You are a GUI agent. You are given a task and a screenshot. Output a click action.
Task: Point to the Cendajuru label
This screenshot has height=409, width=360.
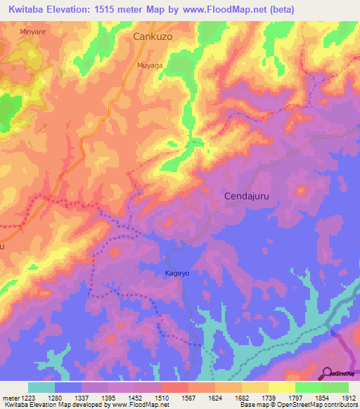[248, 196]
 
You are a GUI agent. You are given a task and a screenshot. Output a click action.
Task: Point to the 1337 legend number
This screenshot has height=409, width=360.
[81, 398]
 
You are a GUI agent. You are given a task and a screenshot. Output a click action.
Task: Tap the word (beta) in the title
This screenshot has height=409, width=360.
[281, 9]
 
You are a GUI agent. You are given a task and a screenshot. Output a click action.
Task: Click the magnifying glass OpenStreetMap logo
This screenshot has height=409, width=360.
[327, 372]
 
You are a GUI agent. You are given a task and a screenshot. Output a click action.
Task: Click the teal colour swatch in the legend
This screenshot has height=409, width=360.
[41, 387]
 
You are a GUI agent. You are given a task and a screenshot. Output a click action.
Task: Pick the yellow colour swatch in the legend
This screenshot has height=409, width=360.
[281, 387]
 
